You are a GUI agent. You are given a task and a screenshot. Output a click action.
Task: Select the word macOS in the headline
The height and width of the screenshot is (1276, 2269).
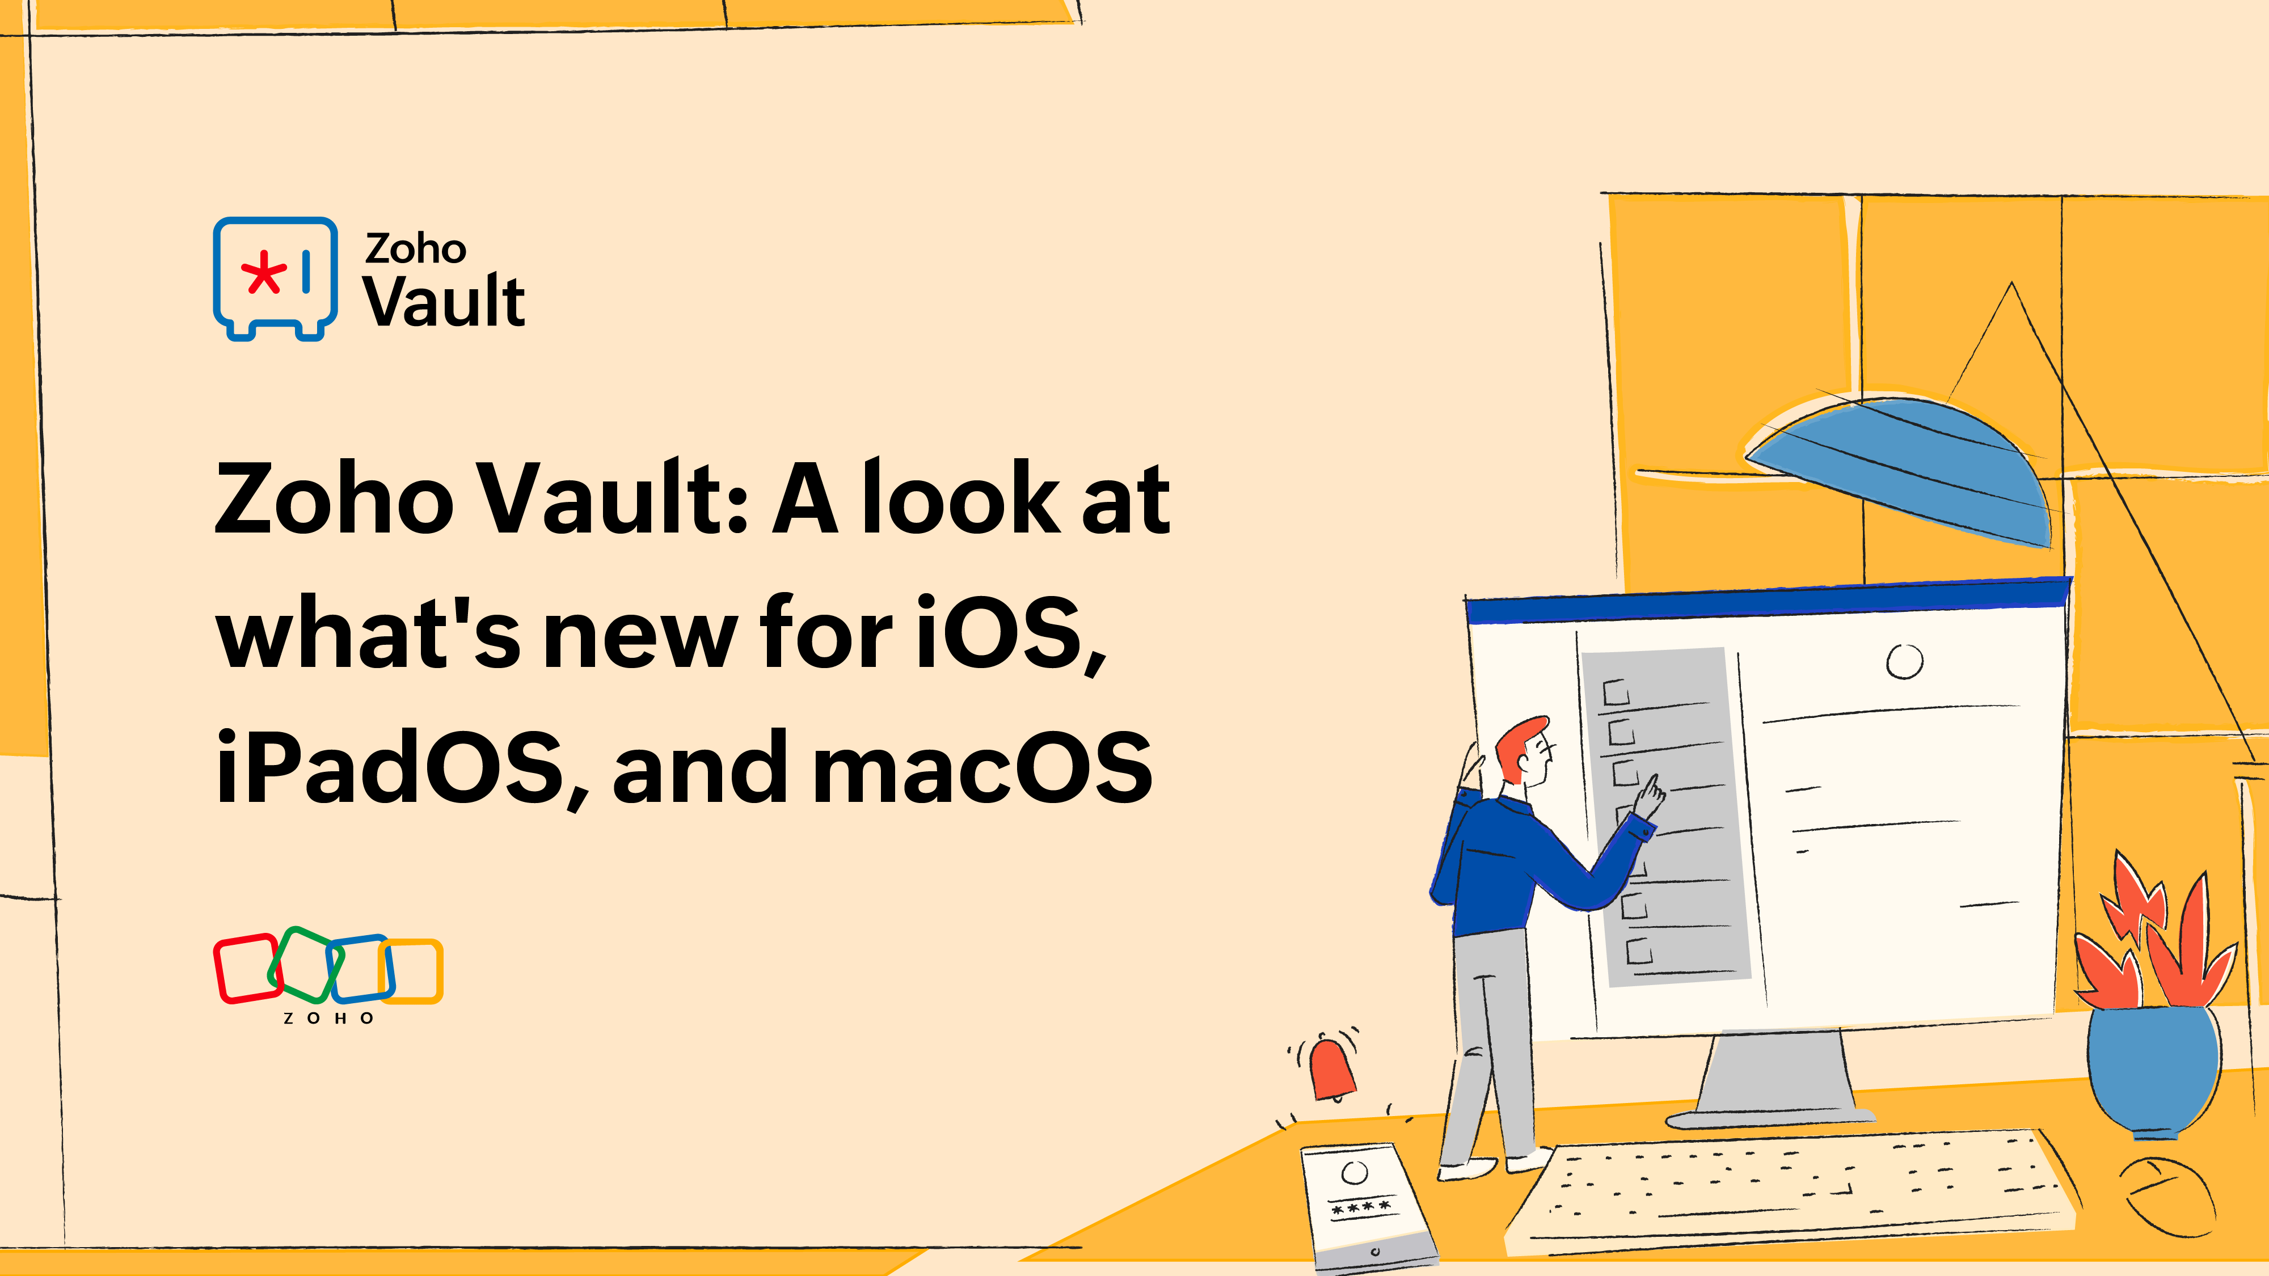(981, 768)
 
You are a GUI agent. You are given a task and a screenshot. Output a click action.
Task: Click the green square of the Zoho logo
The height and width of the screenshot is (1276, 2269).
(304, 964)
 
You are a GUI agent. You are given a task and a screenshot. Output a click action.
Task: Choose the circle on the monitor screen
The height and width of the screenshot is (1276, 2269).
(1904, 661)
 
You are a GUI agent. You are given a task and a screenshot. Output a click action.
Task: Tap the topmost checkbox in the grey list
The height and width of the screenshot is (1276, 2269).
(1616, 693)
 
